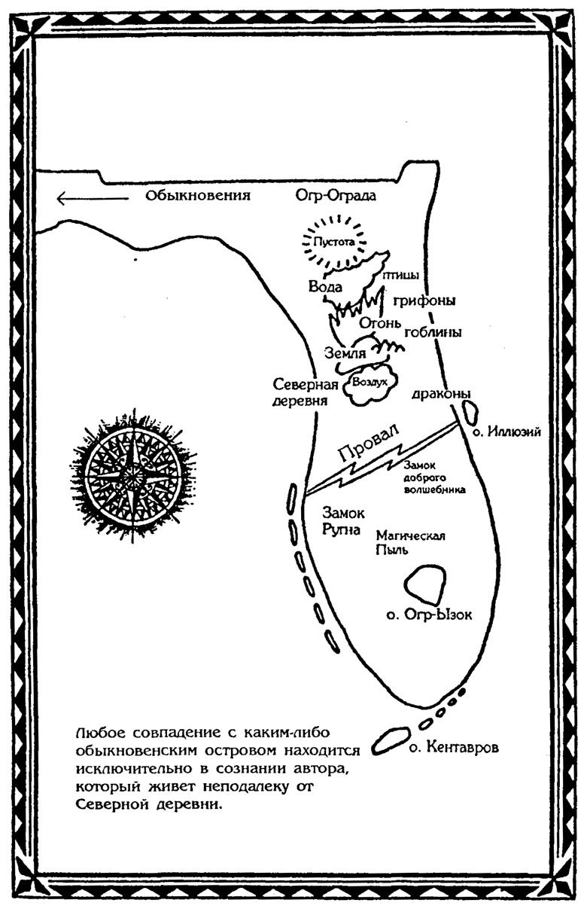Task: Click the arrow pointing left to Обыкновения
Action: click(x=90, y=198)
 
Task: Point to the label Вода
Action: click(x=325, y=287)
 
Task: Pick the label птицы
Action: click(x=400, y=276)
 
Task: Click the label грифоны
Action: click(x=424, y=300)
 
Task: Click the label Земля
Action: click(x=345, y=352)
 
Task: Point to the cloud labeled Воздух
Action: click(x=369, y=383)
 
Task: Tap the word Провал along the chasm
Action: click(x=368, y=447)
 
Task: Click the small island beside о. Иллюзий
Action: click(x=470, y=411)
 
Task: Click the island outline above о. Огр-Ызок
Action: click(x=425, y=584)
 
